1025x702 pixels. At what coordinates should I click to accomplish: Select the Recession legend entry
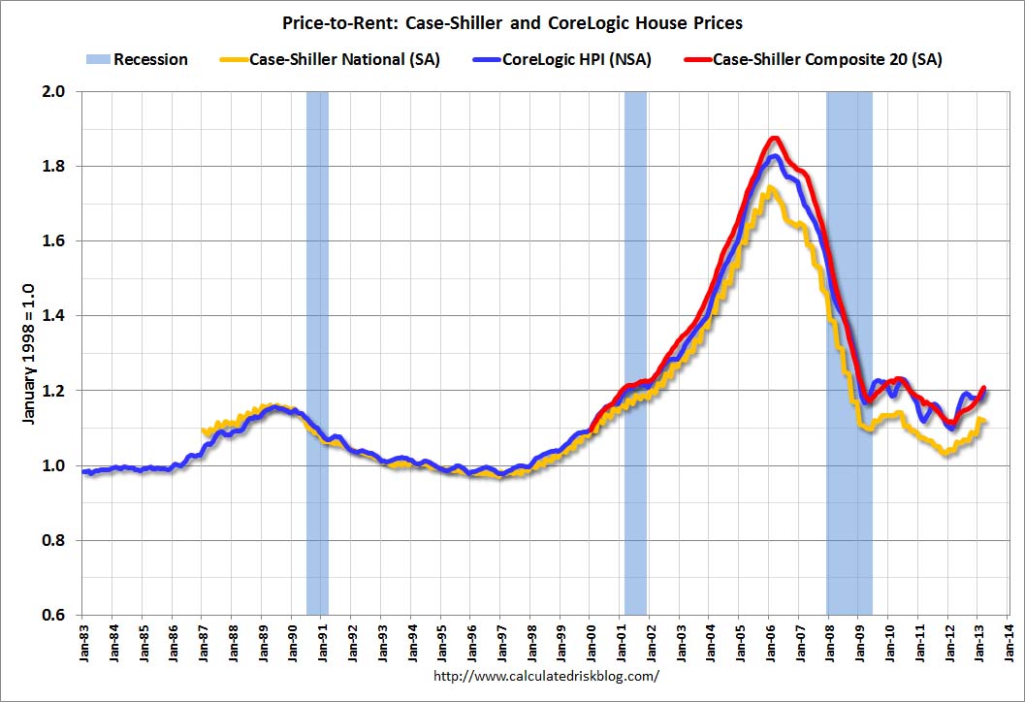pyautogui.click(x=150, y=60)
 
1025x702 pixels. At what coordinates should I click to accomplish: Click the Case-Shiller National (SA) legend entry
pyautogui.click(x=344, y=60)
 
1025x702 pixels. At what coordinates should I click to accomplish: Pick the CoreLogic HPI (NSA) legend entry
pyautogui.click(x=576, y=60)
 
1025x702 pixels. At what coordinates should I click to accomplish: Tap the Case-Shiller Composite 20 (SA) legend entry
pyautogui.click(x=826, y=60)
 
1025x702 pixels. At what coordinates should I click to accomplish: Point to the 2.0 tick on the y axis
pyautogui.click(x=58, y=92)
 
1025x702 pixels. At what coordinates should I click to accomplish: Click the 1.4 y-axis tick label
pyautogui.click(x=58, y=316)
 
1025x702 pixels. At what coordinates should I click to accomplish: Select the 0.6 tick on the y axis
pyautogui.click(x=58, y=615)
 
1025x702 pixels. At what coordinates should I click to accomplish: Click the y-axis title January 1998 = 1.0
pyautogui.click(x=29, y=354)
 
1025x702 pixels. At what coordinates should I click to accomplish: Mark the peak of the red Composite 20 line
pyautogui.click(x=773, y=139)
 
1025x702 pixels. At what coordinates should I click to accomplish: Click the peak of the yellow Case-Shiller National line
pyautogui.click(x=769, y=188)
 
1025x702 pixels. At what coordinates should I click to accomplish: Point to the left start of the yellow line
pyautogui.click(x=203, y=431)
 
